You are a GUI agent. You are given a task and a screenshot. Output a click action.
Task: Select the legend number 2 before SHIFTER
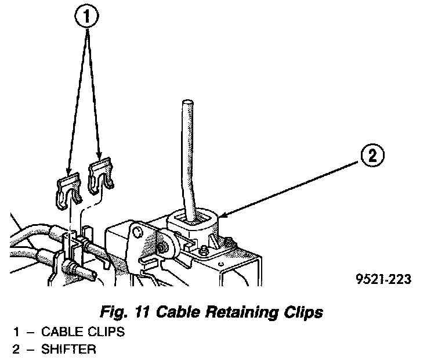(x=17, y=350)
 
